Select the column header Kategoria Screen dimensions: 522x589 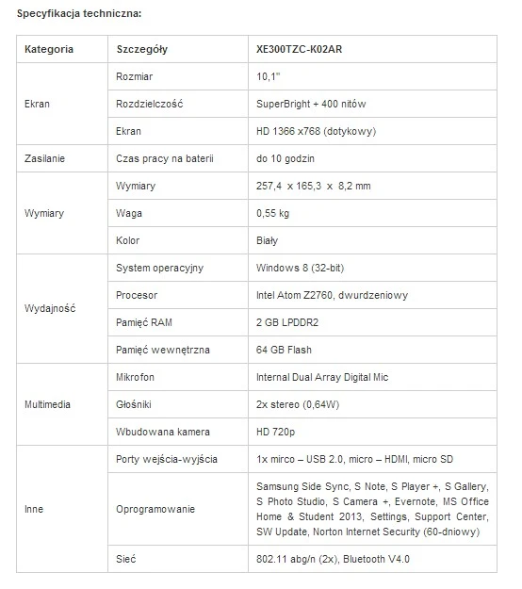click(49, 49)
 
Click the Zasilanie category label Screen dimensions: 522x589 click(45, 158)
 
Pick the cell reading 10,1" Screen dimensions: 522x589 click(269, 76)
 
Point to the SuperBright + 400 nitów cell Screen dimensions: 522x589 click(310, 104)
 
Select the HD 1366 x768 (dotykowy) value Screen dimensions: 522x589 click(316, 131)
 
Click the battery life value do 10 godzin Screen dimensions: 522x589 click(292, 158)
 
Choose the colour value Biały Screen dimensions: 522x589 click(268, 240)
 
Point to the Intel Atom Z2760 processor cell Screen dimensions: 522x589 click(332, 295)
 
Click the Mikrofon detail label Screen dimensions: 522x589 click(137, 377)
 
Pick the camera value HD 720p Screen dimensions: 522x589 click(276, 432)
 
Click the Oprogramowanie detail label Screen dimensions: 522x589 click(155, 509)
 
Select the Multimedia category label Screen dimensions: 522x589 click(48, 404)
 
